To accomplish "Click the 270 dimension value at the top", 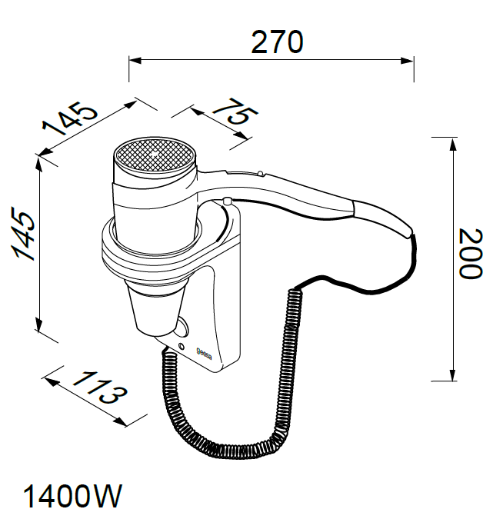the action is coord(277,42).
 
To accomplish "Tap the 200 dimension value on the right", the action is coord(471,254).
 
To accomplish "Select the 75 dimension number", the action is coord(236,111).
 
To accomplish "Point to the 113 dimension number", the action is coord(100,388).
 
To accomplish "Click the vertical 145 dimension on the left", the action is coord(23,234).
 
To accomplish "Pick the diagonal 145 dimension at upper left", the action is coord(70,118).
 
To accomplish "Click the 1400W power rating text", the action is coord(72,496).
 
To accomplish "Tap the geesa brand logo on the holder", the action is coord(204,353).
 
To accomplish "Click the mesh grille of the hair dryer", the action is coord(155,156).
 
